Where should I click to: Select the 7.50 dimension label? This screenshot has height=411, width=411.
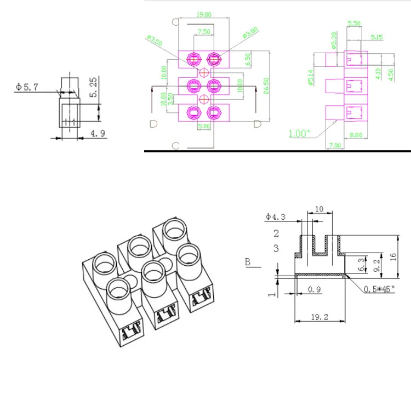coord(204,32)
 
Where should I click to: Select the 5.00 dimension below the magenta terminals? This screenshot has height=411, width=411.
coord(203,126)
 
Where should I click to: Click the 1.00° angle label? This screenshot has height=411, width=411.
coord(299,133)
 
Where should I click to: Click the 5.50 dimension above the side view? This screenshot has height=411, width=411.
coord(354,24)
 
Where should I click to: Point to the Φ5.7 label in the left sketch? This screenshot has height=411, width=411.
coord(27,87)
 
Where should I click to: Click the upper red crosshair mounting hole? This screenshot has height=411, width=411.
coord(204,72)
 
